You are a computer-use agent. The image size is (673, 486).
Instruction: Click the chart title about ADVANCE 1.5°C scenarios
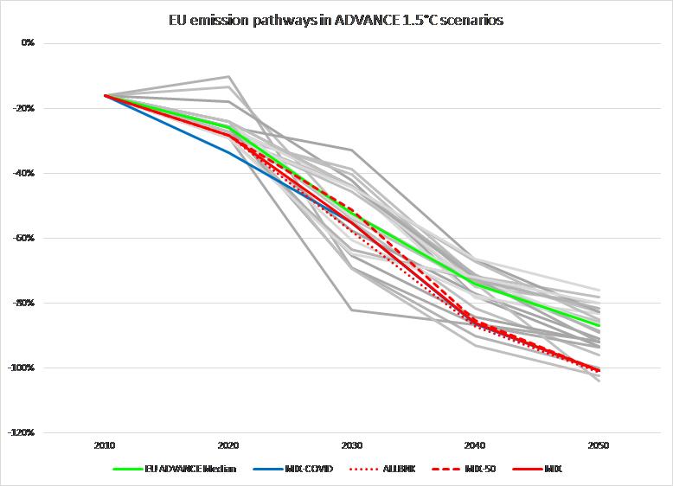point(336,20)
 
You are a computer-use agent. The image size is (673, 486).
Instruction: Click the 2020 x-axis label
point(228,446)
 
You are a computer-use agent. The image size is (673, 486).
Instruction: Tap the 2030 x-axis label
point(351,446)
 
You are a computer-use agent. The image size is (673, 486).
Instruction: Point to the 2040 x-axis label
point(474,446)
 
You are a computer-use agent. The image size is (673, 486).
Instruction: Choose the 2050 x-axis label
point(598,446)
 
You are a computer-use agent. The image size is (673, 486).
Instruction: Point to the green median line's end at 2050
point(599,325)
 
